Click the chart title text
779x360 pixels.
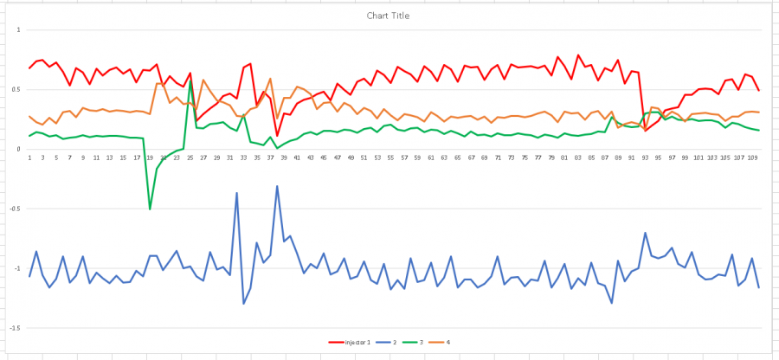[x=389, y=16]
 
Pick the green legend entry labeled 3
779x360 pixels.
[x=422, y=343]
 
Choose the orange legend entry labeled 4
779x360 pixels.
[x=447, y=343]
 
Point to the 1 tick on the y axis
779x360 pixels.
[x=18, y=29]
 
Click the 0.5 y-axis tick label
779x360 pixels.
[x=16, y=89]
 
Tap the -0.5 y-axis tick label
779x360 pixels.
[x=15, y=209]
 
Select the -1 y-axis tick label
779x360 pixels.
[x=16, y=268]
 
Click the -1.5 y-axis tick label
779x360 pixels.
[x=15, y=328]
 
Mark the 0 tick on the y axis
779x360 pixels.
[x=18, y=149]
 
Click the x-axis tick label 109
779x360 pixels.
[x=752, y=158]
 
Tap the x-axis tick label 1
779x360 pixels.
[x=29, y=158]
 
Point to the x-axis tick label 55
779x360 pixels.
[x=391, y=158]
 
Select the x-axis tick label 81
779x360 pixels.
[x=564, y=158]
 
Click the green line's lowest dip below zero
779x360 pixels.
[x=150, y=209]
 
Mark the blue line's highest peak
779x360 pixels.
[x=277, y=186]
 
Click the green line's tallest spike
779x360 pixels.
[x=190, y=83]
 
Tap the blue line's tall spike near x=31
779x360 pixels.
[x=236, y=194]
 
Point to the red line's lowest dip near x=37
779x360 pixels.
[x=277, y=135]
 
